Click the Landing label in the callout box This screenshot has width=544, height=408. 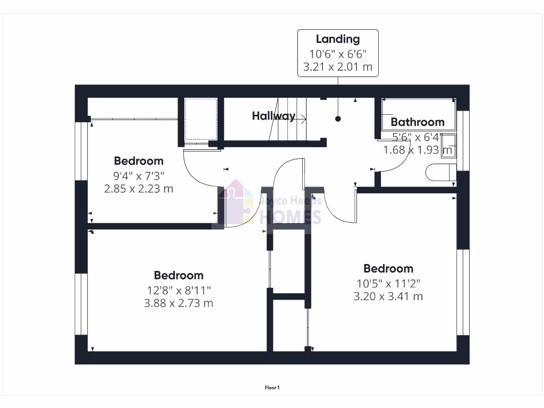[x=338, y=39]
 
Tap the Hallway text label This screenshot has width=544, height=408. [x=274, y=116]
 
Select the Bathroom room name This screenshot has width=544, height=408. [x=418, y=122]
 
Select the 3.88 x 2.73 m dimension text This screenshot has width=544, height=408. [x=178, y=303]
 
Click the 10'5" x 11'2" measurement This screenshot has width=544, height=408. [x=388, y=283]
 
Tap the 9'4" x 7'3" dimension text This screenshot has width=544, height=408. [x=139, y=175]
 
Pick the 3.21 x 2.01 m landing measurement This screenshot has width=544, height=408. [x=338, y=67]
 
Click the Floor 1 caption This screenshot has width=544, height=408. [x=272, y=388]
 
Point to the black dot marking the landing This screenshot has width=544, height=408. [x=338, y=119]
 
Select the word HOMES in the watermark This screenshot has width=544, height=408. [x=290, y=217]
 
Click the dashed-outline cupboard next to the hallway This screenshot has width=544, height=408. [x=200, y=119]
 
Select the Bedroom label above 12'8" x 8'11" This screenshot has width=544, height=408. [x=178, y=275]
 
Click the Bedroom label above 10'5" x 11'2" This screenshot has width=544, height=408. [x=388, y=268]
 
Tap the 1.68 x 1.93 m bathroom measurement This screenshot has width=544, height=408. [x=418, y=150]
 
